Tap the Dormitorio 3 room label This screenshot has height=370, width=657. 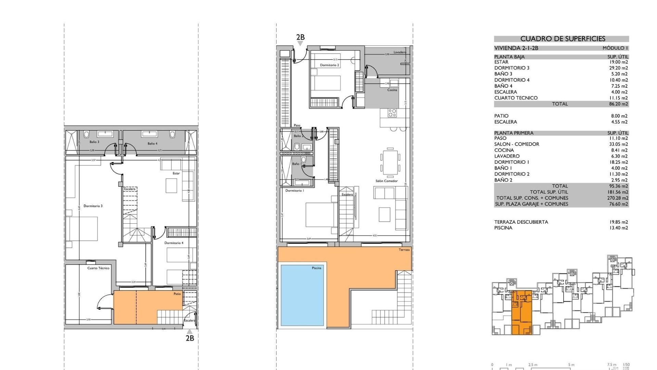(x=93, y=206)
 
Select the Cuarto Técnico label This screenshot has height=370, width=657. (x=98, y=268)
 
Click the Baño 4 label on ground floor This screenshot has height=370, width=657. (x=153, y=144)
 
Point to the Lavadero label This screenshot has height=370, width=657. (x=400, y=52)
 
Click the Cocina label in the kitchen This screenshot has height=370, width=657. (x=392, y=90)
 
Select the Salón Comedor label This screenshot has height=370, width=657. (x=386, y=181)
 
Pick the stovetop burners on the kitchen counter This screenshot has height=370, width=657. (x=392, y=113)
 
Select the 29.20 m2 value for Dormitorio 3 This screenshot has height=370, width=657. (x=618, y=68)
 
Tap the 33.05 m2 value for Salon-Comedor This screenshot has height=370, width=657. (x=618, y=144)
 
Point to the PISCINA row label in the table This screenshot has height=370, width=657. (x=503, y=228)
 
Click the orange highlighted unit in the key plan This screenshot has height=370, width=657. (x=521, y=312)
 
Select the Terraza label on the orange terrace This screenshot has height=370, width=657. (x=404, y=250)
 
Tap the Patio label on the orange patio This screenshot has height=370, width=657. (x=177, y=294)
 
